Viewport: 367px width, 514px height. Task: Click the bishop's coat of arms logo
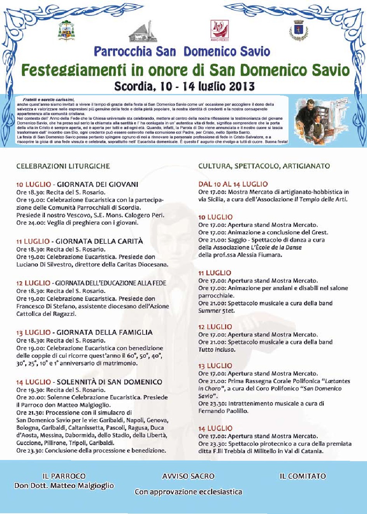[66, 31]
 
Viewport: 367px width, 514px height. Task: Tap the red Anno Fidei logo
[219, 30]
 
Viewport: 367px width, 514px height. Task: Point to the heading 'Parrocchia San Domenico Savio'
[182, 51]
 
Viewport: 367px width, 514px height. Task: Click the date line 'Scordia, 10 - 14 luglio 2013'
[184, 86]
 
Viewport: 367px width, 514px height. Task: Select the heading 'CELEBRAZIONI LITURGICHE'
[63, 166]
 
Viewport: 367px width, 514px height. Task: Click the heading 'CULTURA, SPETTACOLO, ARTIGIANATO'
[264, 166]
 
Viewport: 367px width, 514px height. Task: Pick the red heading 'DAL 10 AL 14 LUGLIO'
[233, 184]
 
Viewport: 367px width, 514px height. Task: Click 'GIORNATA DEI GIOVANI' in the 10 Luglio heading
[97, 185]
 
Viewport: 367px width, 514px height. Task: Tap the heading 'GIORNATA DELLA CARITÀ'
[99, 241]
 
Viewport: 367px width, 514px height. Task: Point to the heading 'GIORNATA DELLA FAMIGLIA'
[104, 333]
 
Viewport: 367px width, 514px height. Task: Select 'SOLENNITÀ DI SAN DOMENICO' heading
[110, 382]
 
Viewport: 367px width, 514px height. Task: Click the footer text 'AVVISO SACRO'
[188, 476]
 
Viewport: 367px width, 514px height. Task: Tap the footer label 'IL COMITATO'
[303, 476]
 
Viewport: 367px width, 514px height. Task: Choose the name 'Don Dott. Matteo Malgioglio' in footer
[64, 486]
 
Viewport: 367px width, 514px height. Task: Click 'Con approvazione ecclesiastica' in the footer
[188, 492]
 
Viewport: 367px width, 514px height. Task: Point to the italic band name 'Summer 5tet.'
[216, 311]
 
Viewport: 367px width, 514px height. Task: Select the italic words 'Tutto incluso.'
[217, 350]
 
